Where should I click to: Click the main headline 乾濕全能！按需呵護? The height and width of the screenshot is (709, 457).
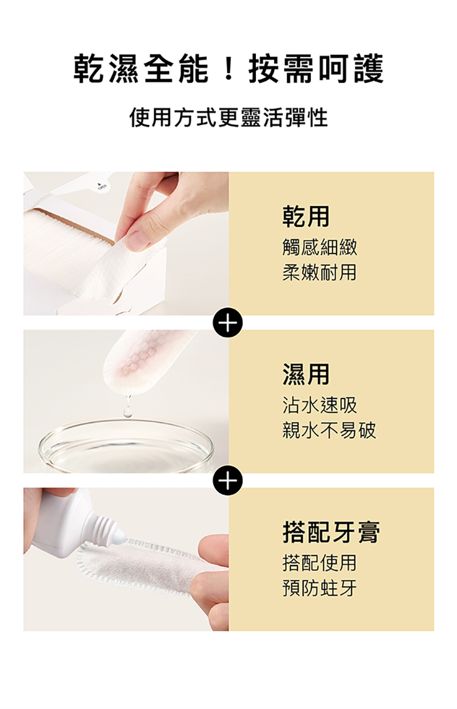tap(228, 70)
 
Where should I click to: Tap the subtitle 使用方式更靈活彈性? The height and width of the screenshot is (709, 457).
tap(228, 118)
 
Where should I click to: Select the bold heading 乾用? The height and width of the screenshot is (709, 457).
tap(306, 216)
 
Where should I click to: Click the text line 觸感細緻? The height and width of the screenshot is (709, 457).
tap(319, 247)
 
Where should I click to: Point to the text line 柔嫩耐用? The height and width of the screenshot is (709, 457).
tap(319, 272)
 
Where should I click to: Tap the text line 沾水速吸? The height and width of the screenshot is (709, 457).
tap(319, 405)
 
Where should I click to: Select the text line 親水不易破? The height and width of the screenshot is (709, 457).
tap(329, 430)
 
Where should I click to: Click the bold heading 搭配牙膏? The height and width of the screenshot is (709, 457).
tap(331, 532)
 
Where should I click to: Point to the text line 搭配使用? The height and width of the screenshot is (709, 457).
tap(319, 563)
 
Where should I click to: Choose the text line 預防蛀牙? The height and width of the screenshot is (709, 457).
tap(319, 588)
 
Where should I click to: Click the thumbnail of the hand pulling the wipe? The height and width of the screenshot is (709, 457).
tap(126, 243)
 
